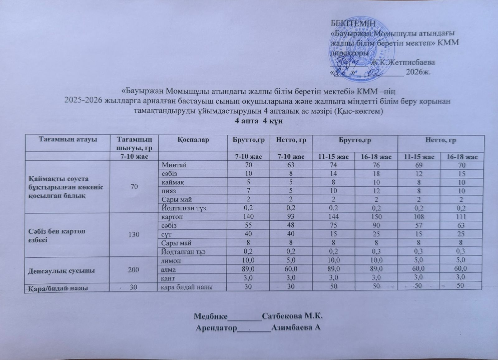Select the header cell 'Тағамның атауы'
tap(68, 139)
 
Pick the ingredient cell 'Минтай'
tap(172, 165)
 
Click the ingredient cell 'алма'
tap(168, 269)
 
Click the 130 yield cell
tap(134, 234)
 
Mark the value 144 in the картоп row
tap(333, 217)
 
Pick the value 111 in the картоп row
tap(462, 217)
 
